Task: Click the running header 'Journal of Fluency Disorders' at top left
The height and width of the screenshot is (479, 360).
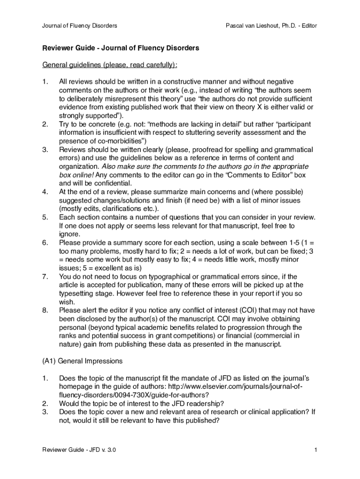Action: tap(79, 25)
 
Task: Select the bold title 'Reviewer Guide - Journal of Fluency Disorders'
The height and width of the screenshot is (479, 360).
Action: tap(121, 48)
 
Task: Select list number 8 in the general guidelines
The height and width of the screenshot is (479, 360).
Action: tap(45, 310)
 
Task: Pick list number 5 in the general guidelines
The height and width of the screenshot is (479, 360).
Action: tap(45, 217)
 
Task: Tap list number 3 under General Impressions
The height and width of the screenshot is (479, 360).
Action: tap(45, 412)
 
